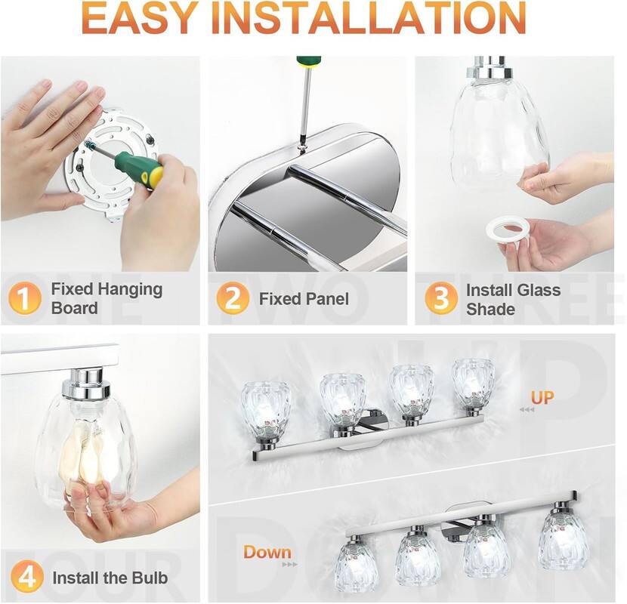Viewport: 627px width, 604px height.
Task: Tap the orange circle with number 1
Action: pos(25,298)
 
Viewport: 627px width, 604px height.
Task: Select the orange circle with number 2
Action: pos(232,299)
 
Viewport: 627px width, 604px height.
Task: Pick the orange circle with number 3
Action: pos(440,298)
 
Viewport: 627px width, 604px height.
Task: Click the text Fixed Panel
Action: pos(304,299)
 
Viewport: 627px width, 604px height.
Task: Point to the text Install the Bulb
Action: pos(110,579)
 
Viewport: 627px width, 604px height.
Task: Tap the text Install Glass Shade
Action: pos(513,299)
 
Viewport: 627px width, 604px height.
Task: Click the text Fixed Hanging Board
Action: pos(106,298)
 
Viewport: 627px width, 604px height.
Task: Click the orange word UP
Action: pos(542,397)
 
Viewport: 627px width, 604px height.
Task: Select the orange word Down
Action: pos(267,552)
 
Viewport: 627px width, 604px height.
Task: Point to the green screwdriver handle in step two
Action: pos(308,60)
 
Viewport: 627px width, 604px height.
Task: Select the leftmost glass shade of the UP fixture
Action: pos(265,408)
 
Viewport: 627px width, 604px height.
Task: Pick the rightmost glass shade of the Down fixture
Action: pos(562,540)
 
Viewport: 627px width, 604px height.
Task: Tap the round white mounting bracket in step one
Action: pos(106,162)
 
